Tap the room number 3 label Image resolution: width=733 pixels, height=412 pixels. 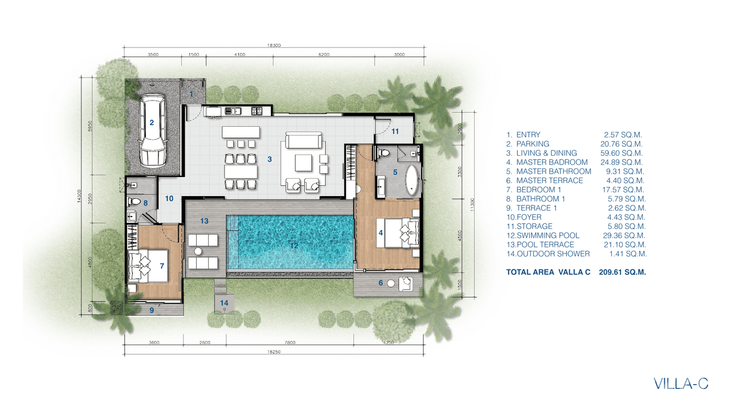(270, 160)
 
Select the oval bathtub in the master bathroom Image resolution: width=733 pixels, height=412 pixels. (412, 180)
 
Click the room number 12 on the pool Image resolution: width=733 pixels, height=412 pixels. (294, 246)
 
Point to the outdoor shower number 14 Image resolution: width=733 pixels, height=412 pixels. (224, 303)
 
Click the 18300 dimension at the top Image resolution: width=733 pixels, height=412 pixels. (274, 45)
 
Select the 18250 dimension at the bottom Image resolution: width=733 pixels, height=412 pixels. (274, 352)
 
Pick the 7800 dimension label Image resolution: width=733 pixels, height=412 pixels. (290, 343)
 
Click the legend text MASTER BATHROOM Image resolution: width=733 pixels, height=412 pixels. (554, 172)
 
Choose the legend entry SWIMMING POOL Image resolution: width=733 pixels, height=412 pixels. (548, 236)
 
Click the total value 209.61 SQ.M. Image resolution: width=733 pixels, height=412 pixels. (623, 272)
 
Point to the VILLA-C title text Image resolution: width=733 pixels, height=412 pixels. (681, 384)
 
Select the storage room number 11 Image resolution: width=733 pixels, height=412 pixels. (395, 132)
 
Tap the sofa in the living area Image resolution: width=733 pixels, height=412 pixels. (303, 140)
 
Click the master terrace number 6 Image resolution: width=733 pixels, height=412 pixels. (381, 282)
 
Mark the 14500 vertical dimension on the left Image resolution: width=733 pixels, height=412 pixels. (79, 196)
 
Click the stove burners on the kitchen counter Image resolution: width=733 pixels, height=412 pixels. (257, 111)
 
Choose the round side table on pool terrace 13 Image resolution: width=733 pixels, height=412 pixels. (198, 251)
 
